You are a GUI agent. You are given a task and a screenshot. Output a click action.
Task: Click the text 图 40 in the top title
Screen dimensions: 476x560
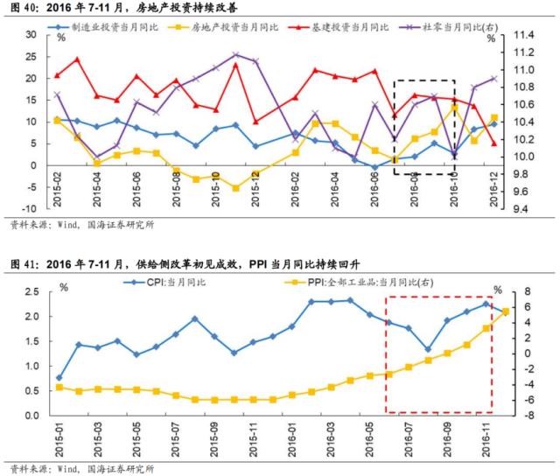pos(19,7)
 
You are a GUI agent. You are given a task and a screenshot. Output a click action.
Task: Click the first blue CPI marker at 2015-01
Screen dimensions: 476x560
pos(59,377)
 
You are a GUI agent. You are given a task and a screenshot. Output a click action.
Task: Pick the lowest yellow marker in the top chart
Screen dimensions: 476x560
pos(235,187)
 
